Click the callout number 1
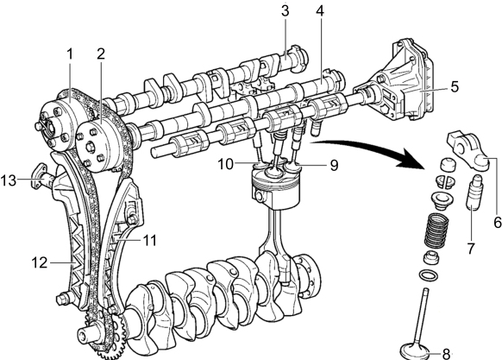70,54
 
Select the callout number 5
455,86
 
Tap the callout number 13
9,180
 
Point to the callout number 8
446,354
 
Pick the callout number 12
40,262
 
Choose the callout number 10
226,164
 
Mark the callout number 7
470,248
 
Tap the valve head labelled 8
416,351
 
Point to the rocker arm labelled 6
468,152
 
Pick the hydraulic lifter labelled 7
474,193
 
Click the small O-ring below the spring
429,275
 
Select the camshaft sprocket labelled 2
100,147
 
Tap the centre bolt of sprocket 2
90,148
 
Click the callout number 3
285,10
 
